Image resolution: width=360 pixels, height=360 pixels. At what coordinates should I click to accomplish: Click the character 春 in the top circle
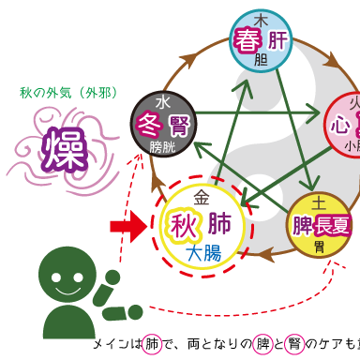247,41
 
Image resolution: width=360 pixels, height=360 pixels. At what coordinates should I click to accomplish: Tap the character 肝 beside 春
277,41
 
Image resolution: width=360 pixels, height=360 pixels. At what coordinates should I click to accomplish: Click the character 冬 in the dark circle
148,126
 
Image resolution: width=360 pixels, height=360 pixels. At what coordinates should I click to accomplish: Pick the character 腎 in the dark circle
176,126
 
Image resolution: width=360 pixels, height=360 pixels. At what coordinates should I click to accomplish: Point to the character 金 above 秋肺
202,199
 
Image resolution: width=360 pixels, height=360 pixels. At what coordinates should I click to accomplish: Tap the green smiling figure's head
68,275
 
